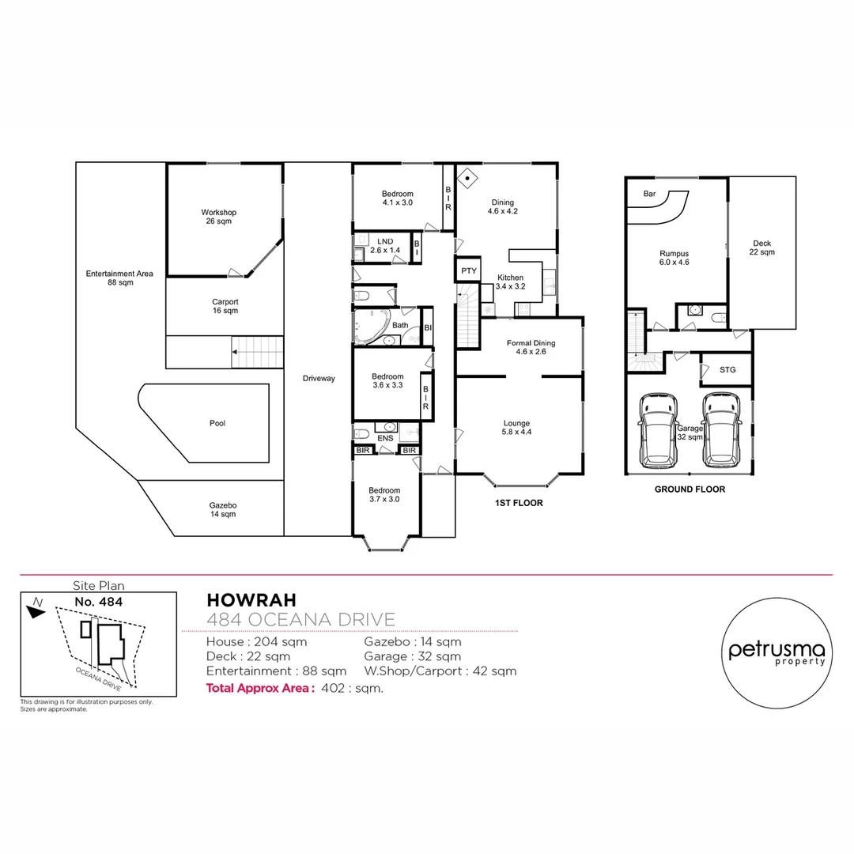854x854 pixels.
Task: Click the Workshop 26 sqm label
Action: (x=218, y=217)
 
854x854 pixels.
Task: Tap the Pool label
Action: (x=217, y=423)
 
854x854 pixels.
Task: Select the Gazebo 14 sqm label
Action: (x=223, y=509)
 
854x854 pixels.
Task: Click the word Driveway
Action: (x=319, y=378)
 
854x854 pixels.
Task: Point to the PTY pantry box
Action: (x=467, y=270)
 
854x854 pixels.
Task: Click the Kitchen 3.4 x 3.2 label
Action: (x=510, y=282)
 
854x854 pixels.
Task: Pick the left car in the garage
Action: (x=658, y=430)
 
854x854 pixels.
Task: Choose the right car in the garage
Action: (x=721, y=430)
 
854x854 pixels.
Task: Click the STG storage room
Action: (x=727, y=370)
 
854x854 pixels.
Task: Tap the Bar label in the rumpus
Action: (x=649, y=193)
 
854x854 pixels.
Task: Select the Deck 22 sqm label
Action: (x=761, y=248)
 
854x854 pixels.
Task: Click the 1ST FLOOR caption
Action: (x=518, y=503)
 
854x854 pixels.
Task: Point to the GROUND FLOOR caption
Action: (x=690, y=489)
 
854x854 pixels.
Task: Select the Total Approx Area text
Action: (x=260, y=688)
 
